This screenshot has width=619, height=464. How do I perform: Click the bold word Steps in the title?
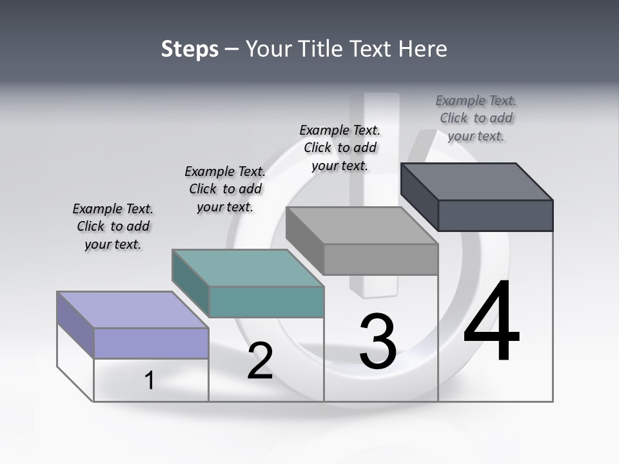(x=190, y=49)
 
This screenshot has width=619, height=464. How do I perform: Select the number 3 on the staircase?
(x=378, y=342)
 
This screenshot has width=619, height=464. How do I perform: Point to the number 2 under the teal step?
(x=260, y=361)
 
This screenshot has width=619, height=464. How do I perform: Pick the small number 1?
(x=149, y=380)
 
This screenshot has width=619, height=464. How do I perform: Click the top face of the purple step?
(x=133, y=309)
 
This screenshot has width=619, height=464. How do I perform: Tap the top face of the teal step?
(x=248, y=267)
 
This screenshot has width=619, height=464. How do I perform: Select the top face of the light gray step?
(x=362, y=226)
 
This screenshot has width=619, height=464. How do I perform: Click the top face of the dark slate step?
(x=477, y=181)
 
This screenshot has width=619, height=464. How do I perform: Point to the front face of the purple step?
(x=151, y=343)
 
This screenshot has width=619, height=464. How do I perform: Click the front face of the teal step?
(x=266, y=302)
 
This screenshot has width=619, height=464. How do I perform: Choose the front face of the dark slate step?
(x=495, y=215)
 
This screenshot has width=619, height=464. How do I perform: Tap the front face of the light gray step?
(x=380, y=259)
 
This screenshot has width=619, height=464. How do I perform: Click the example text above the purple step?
(x=113, y=226)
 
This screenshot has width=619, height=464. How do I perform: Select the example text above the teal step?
(x=225, y=189)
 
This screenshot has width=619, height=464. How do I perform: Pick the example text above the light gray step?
(x=340, y=148)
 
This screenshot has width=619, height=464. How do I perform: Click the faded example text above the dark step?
(x=476, y=118)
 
